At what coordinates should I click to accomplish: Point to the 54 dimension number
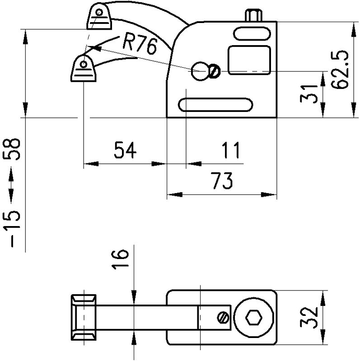click(125, 150)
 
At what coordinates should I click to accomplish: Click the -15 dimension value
click(14, 228)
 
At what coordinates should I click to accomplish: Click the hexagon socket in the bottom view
click(253, 318)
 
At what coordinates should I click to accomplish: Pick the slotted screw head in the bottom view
click(222, 318)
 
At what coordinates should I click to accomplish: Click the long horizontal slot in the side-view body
click(216, 104)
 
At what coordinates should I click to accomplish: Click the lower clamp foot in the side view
click(84, 69)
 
